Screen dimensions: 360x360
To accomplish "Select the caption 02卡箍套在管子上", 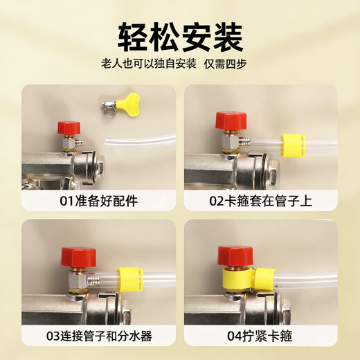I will coord(262,201).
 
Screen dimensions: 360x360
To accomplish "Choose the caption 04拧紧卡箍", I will coord(262,336).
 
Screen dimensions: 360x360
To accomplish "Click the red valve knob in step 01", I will coord(69,128).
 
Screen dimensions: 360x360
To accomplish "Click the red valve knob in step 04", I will coord(230,255).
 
